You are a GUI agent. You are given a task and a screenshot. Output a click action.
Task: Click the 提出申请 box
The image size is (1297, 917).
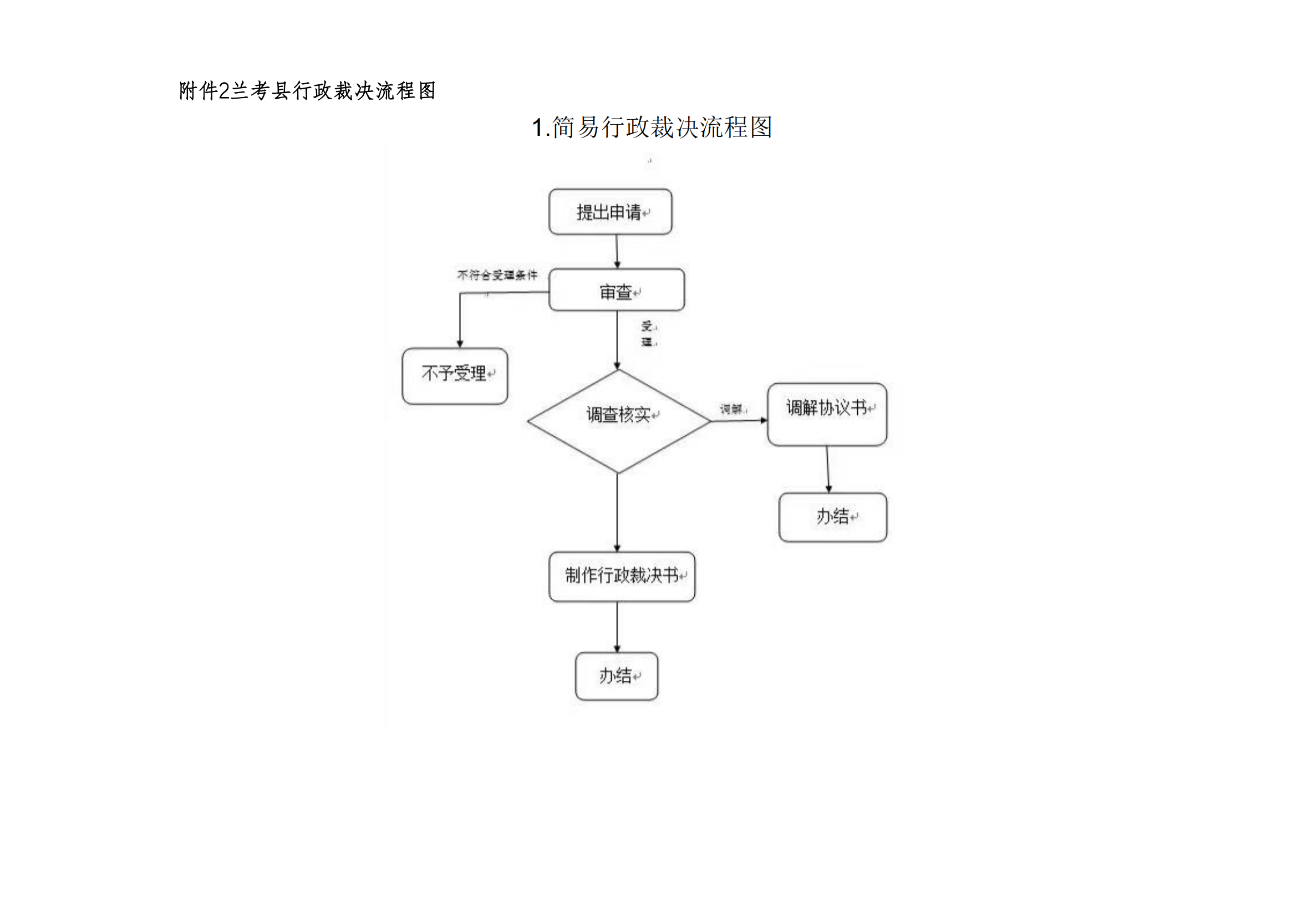610,212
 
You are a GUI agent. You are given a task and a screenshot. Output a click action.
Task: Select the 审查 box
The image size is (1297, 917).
616,290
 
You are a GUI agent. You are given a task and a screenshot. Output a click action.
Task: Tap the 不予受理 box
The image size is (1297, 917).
455,376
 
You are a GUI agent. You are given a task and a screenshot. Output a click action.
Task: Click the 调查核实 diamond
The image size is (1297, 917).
619,421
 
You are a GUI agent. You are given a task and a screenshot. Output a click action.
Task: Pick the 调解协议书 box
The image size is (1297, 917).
827,415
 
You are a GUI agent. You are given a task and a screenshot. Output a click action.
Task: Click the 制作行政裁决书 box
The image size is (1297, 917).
622,577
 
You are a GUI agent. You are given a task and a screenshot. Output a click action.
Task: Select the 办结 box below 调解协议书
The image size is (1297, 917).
833,517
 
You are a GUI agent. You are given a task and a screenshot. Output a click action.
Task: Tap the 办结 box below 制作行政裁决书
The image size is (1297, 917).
616,676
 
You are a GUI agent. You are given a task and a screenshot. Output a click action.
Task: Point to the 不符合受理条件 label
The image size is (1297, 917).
497,275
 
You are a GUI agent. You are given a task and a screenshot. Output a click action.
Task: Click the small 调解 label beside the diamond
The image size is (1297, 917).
732,409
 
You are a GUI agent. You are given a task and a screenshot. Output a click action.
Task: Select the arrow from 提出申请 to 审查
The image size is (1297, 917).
617,251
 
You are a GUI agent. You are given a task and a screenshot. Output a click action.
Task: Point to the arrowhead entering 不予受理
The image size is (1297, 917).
460,343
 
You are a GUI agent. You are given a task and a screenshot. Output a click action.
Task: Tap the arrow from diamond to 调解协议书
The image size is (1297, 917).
739,421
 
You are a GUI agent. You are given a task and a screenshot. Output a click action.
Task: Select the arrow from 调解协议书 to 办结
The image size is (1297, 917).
828,469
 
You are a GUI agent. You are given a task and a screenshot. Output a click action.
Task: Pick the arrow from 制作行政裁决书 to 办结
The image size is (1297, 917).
617,627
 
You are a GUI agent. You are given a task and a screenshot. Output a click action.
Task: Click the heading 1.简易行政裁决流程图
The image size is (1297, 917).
652,128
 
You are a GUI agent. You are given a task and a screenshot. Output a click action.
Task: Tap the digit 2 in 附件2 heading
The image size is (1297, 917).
223,91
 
